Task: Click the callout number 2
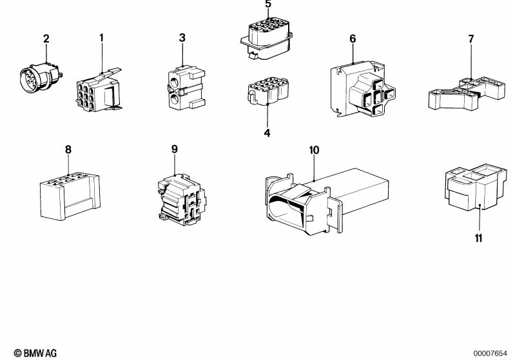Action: point(46,39)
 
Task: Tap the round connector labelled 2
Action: point(41,77)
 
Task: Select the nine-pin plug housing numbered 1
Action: point(99,90)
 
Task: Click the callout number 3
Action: point(182,38)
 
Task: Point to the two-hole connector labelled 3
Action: point(186,87)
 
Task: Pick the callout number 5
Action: point(268,5)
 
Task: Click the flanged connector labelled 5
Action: point(266,39)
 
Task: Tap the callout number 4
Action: point(267,133)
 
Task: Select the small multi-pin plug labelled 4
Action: point(268,91)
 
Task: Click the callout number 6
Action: point(353,39)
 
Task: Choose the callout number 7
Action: point(471,39)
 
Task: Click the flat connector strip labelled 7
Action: point(467,93)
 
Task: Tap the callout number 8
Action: point(68,149)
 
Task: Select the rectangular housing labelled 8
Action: point(70,196)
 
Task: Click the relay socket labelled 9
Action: point(181,200)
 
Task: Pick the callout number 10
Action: point(315,150)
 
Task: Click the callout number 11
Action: point(478,238)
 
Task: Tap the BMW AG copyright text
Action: point(35,353)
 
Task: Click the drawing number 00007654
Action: point(491,354)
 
